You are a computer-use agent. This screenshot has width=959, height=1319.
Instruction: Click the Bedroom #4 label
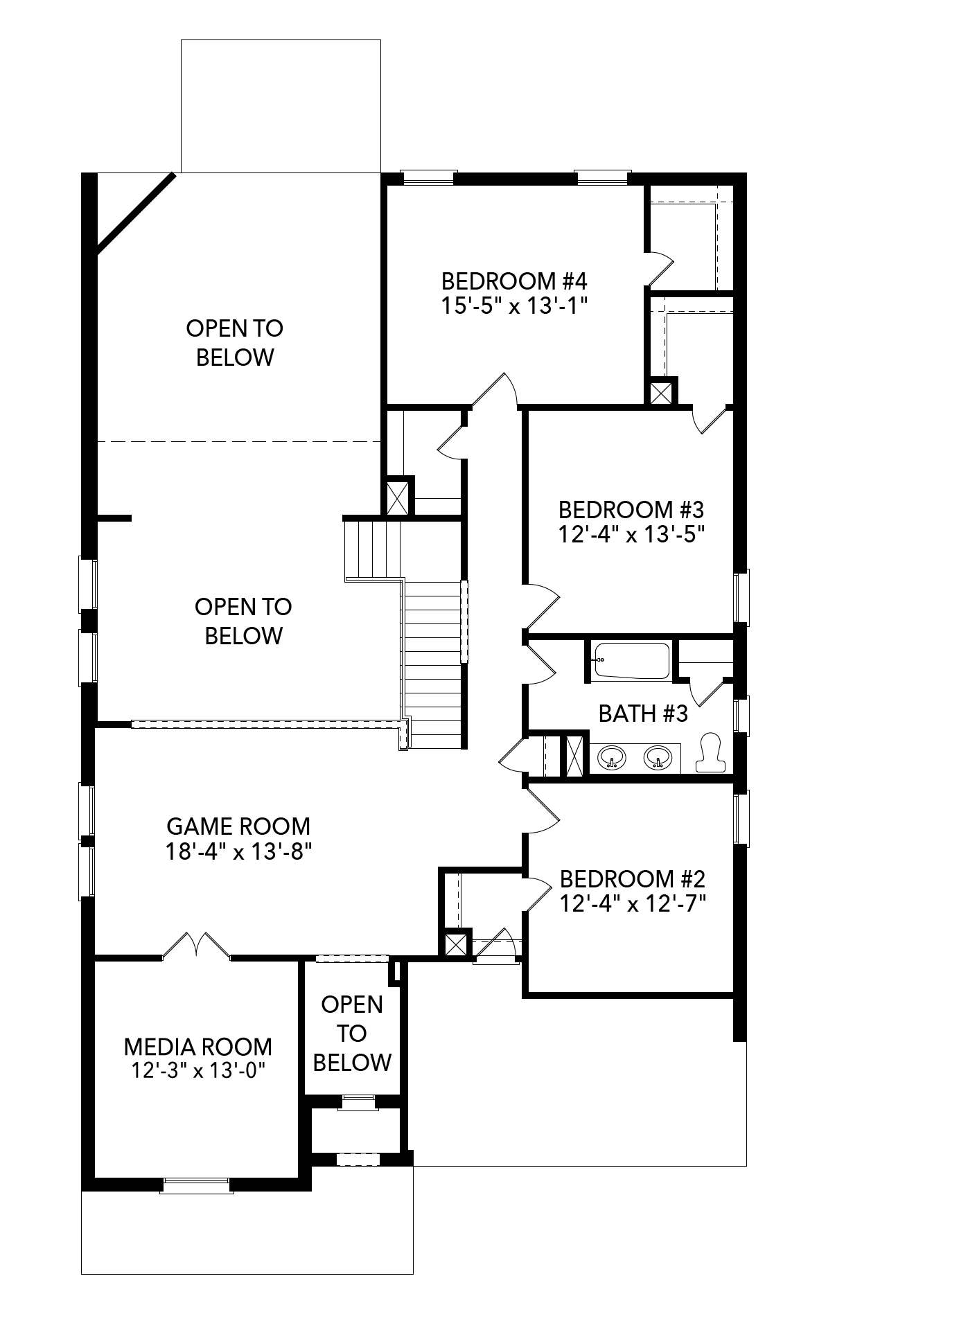(x=514, y=281)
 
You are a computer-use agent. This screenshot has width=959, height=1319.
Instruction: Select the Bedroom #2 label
(x=632, y=879)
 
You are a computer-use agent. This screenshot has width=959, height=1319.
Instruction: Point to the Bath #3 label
(x=643, y=714)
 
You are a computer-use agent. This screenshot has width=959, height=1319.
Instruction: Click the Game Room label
(x=238, y=826)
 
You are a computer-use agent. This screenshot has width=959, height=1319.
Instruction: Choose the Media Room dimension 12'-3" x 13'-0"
(x=199, y=1070)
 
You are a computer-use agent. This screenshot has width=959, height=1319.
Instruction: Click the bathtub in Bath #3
(x=631, y=661)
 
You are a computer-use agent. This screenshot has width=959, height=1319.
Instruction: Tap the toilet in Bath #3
(x=710, y=752)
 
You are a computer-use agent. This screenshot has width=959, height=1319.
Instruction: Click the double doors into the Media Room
(x=197, y=945)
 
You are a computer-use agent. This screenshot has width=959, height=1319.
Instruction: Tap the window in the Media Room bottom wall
(x=196, y=1185)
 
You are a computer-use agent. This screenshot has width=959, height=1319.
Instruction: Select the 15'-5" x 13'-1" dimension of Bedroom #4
(x=514, y=306)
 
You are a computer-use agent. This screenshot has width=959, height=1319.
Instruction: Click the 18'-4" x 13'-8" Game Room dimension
(x=238, y=851)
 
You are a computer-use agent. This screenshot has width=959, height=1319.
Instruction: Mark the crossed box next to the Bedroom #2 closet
(x=455, y=944)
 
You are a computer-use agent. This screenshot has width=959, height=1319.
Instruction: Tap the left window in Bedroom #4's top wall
(x=429, y=177)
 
